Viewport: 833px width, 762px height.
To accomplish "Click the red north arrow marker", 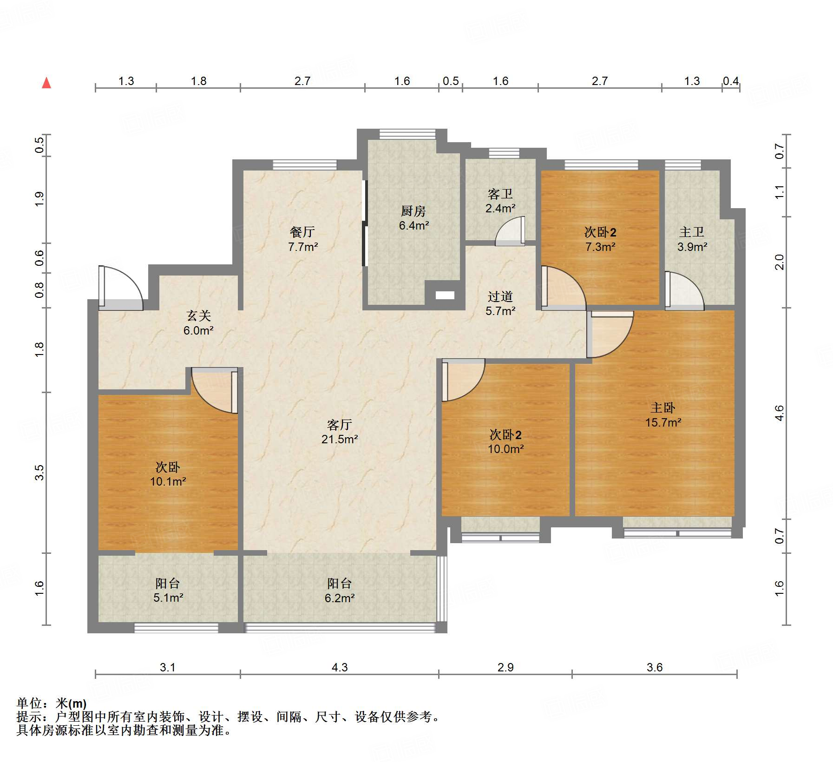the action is point(46,83).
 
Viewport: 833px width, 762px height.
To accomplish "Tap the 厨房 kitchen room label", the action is point(413,211).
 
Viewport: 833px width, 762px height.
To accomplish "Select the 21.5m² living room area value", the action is point(340,439).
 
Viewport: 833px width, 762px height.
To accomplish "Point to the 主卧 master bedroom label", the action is point(663,408).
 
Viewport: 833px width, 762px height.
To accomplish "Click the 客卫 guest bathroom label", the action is point(500,194).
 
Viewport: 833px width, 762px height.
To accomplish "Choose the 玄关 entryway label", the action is point(199,316).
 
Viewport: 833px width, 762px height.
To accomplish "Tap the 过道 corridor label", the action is point(500,296).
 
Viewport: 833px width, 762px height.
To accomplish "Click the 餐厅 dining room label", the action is point(302,232).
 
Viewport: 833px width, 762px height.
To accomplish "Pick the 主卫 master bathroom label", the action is point(692,232).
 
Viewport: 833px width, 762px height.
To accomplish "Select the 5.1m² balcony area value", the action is point(168,598).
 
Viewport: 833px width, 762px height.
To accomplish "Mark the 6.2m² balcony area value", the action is point(340,598).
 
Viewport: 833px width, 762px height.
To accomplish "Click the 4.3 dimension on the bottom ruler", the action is point(340,667).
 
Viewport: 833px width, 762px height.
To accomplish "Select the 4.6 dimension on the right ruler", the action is point(779,413).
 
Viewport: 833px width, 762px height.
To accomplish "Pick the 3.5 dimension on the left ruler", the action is point(40,473).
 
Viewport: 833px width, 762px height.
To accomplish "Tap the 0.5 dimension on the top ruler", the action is point(451,81).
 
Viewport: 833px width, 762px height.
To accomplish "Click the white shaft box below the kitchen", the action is point(445,295).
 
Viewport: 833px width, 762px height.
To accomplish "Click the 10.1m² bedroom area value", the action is point(168,481).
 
